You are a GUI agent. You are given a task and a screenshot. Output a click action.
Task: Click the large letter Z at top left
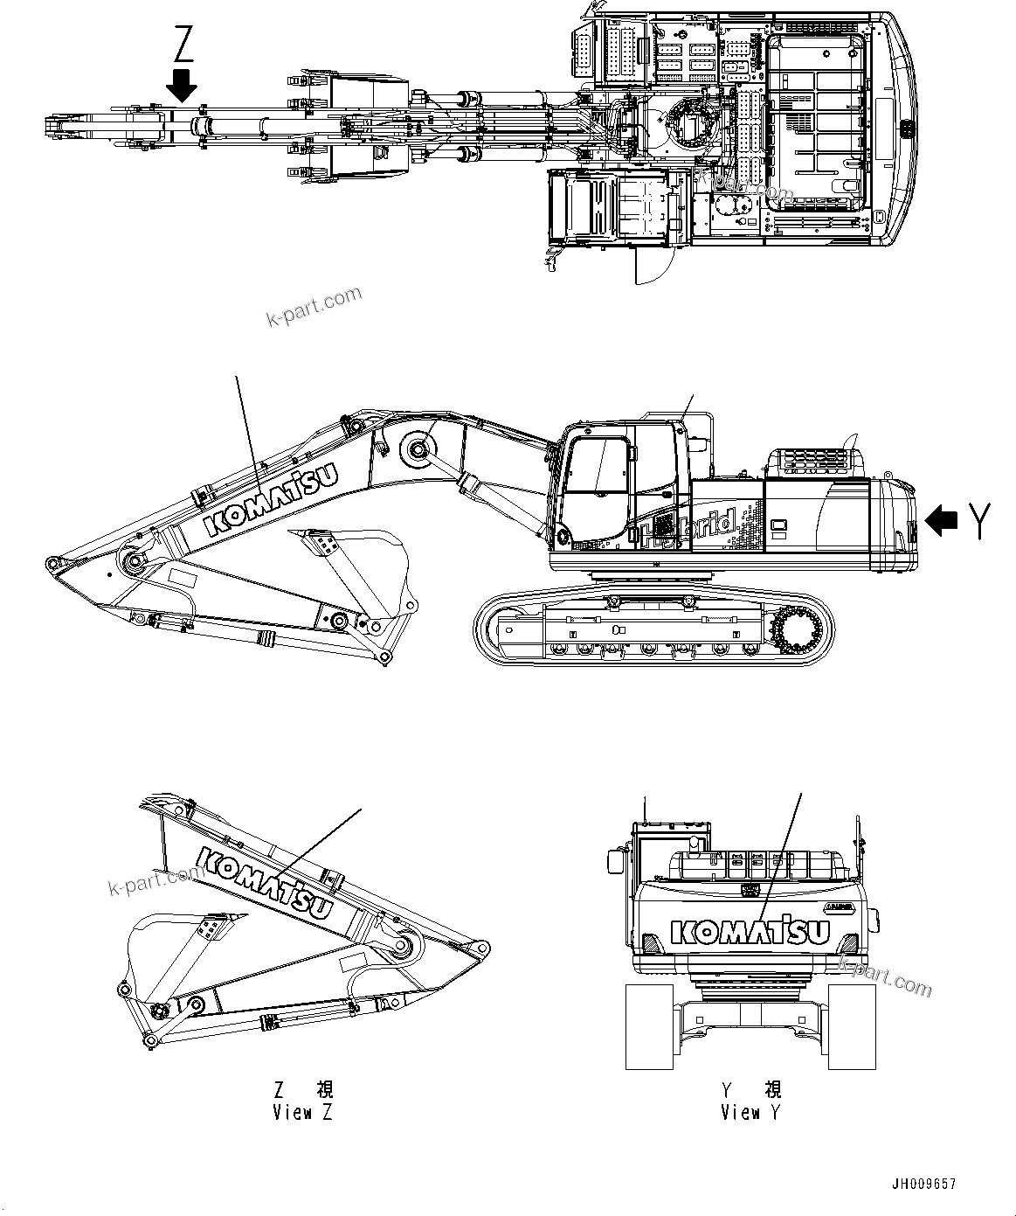(183, 44)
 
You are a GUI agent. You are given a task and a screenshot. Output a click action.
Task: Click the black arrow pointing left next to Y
(942, 522)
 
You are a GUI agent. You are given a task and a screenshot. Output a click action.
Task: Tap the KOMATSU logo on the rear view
(750, 932)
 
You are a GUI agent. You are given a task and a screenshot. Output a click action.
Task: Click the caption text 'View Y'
(751, 1113)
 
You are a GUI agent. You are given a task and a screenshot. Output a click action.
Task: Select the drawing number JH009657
(923, 1185)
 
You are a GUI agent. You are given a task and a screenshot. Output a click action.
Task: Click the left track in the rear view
(647, 1025)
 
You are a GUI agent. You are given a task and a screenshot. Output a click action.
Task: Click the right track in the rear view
(853, 1025)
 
